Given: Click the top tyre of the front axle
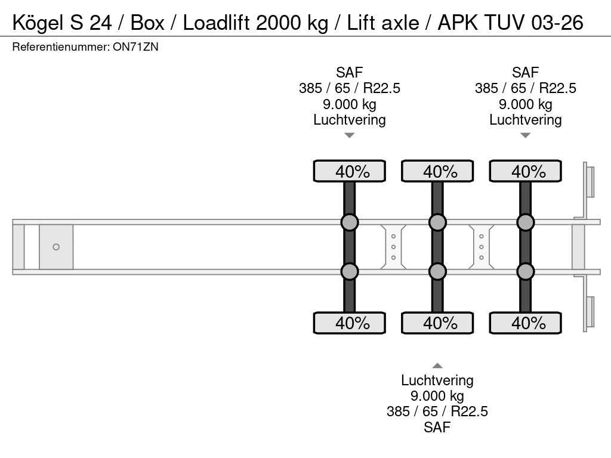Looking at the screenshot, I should coord(350,171).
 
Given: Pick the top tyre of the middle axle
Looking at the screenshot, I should coord(437,171).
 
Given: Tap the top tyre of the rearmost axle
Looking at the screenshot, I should coord(525,171).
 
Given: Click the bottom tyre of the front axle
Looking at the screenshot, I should coord(350,323).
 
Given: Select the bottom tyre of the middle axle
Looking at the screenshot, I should coord(437,323).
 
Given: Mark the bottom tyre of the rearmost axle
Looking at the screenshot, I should coord(525,323).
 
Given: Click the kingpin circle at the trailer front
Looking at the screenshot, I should coord(56,247).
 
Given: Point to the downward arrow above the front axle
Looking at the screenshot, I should coord(350,135).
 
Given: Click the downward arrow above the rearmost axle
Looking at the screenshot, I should coord(525,135).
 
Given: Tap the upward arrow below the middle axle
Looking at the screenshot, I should coord(437,366).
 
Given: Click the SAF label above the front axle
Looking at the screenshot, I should coord(350,73).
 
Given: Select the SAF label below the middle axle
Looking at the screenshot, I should coord(437,427).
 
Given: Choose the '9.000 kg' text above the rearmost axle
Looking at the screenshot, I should coord(525,104).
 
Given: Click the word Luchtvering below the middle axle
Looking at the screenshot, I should coord(437,380).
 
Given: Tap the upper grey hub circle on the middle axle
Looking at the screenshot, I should coord(437,222).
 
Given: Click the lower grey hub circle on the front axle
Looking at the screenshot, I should coord(350,271).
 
